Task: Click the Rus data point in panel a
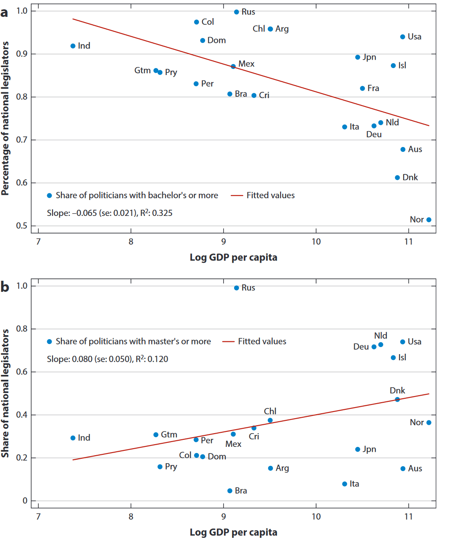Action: (x=236, y=12)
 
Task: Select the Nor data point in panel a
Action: (x=429, y=219)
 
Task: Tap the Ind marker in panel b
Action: (x=73, y=438)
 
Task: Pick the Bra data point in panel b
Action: (x=230, y=491)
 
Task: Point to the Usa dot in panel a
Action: (x=403, y=37)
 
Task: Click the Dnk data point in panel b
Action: (x=397, y=399)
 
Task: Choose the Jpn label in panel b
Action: (x=369, y=449)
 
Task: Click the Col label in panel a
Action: (x=208, y=22)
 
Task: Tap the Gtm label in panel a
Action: (x=142, y=70)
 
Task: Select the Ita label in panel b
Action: (x=354, y=484)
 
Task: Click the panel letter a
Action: (x=4, y=12)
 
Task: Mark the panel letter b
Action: (x=5, y=287)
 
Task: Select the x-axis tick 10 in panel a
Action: (x=316, y=242)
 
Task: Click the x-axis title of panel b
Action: (x=233, y=532)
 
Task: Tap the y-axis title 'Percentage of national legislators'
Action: (x=5, y=118)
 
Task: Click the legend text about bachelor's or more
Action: (x=137, y=195)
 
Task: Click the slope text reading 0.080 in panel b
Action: (x=107, y=359)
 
